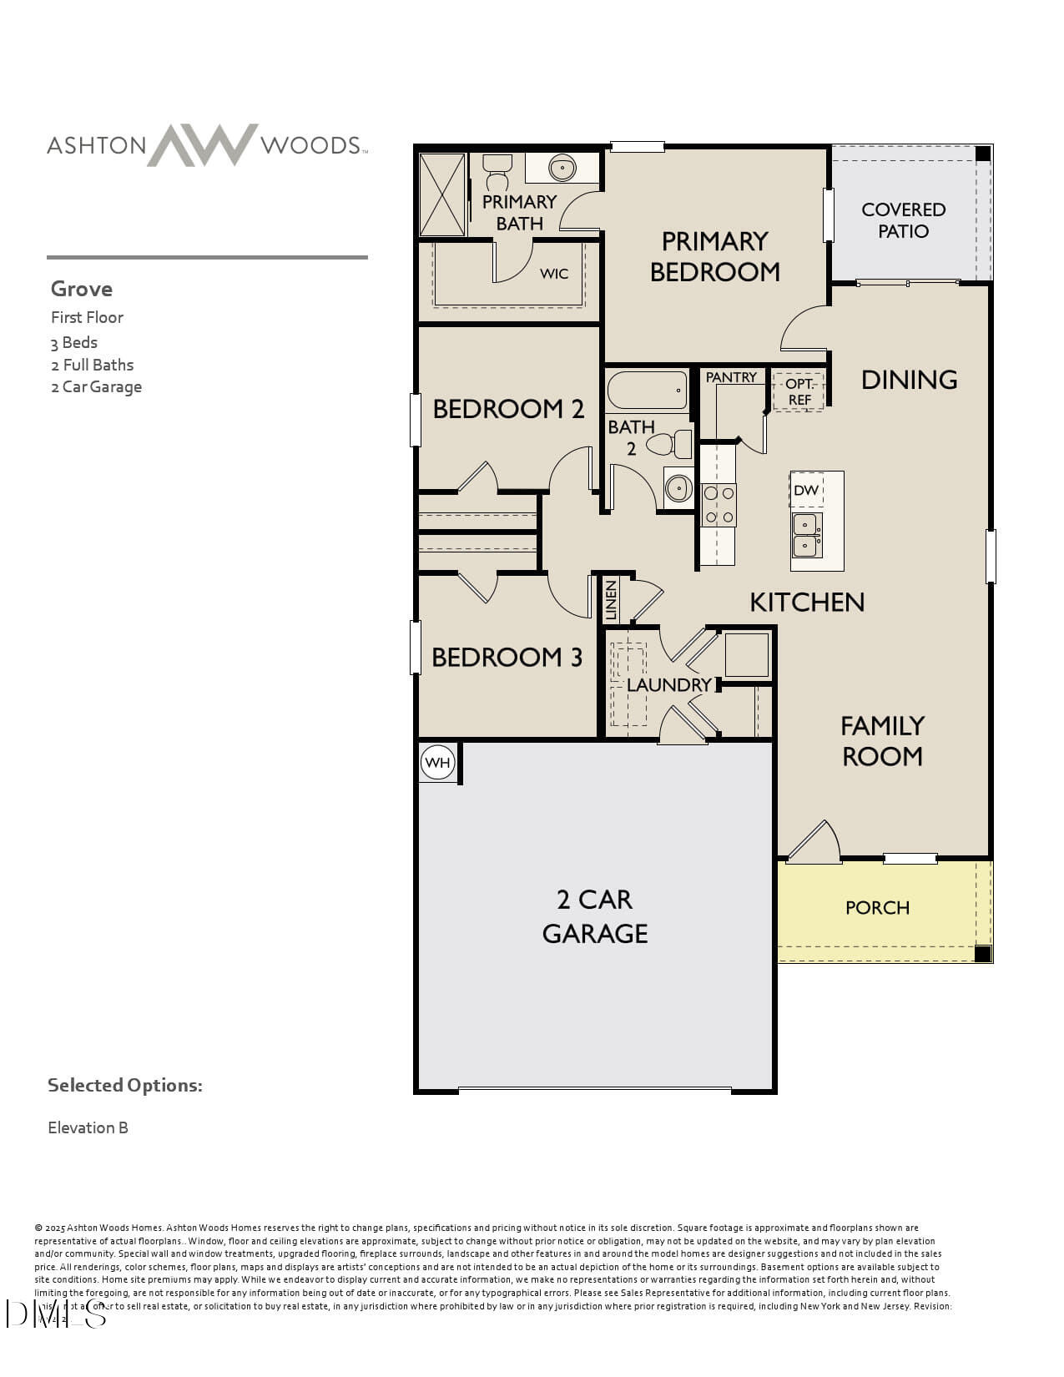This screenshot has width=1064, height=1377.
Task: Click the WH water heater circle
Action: click(437, 762)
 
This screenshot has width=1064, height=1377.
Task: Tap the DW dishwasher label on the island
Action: click(805, 490)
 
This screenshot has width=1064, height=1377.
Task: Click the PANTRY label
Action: click(731, 377)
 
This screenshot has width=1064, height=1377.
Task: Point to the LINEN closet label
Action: click(611, 600)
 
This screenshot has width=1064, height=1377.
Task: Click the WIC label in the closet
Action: click(554, 274)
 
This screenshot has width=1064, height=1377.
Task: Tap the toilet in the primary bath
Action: click(497, 173)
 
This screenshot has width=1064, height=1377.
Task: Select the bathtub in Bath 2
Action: click(648, 391)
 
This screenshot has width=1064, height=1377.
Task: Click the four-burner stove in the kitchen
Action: click(719, 505)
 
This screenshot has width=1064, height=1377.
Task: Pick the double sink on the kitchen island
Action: click(806, 535)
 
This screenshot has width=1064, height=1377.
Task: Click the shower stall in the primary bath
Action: click(442, 194)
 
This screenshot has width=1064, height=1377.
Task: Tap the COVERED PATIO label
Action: click(903, 220)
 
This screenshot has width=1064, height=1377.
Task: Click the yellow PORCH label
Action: click(877, 908)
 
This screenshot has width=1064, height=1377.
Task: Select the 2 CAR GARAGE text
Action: click(595, 916)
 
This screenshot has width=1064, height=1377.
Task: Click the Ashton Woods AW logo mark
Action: click(203, 145)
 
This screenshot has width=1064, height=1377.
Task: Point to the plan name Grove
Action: click(82, 289)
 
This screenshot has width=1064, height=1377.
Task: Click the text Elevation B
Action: click(88, 1127)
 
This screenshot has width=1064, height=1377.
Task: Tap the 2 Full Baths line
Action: click(92, 365)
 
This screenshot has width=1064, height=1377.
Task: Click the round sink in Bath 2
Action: click(678, 487)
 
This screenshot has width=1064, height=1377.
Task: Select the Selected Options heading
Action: click(124, 1085)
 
